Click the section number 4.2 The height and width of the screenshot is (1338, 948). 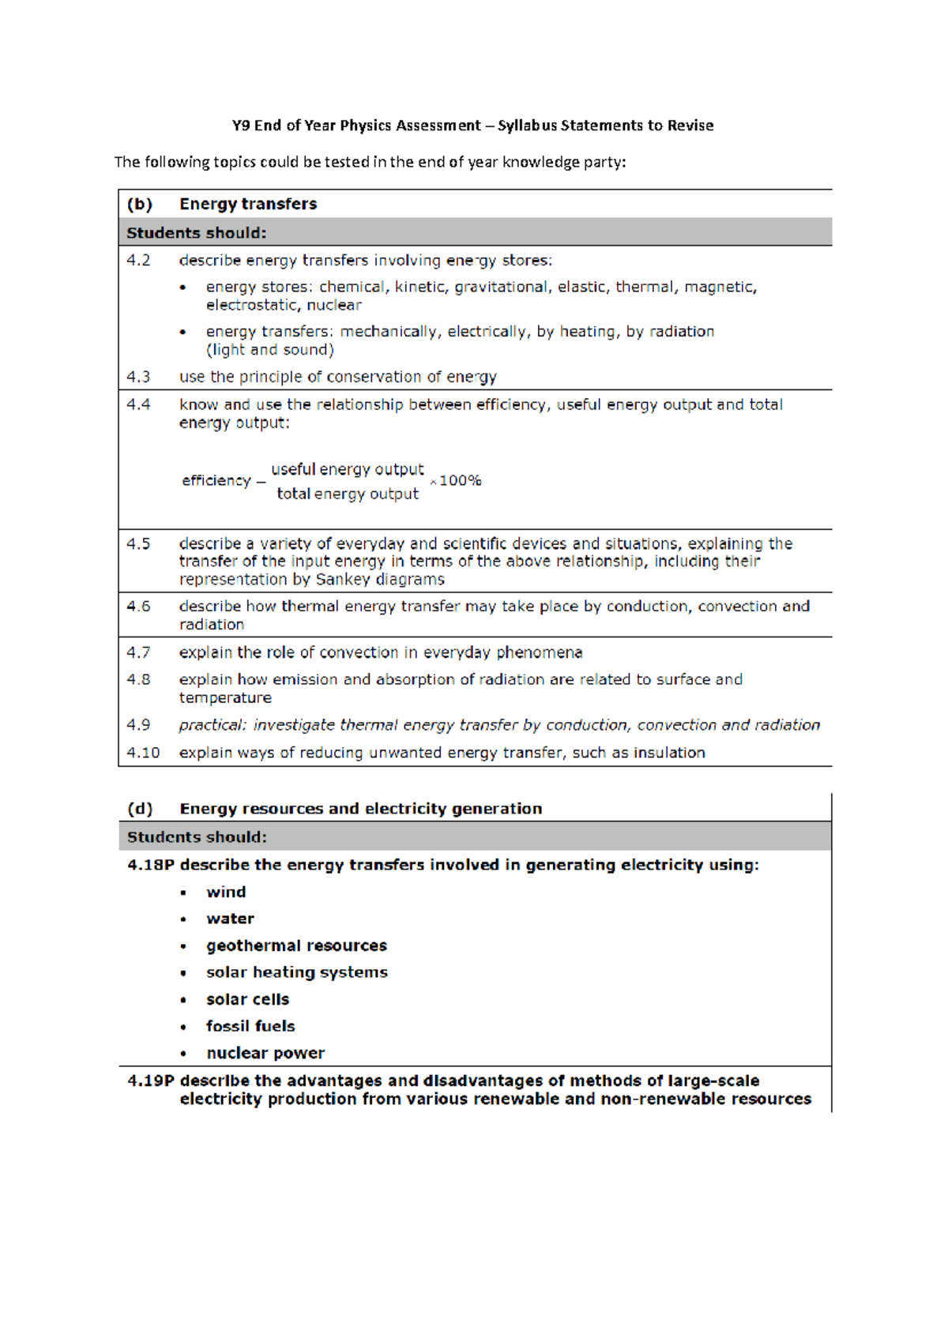(138, 261)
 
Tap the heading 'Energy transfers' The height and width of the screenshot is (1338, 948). (247, 204)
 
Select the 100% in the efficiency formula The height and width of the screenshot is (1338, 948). (460, 480)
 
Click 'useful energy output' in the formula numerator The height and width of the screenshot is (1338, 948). (347, 469)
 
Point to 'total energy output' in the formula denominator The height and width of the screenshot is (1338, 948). (347, 494)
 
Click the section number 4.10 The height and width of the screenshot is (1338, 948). (143, 753)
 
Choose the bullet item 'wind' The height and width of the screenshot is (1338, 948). (226, 892)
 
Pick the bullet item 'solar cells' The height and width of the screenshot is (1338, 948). (247, 999)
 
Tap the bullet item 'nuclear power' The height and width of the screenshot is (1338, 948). (265, 1053)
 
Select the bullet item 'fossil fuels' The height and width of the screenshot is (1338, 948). (250, 1026)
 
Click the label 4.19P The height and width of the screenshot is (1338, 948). (150, 1081)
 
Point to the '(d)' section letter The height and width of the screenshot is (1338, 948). (140, 809)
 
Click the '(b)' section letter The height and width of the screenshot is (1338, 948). (139, 204)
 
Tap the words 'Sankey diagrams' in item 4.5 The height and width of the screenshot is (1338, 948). (379, 580)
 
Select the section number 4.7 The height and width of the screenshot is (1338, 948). (138, 652)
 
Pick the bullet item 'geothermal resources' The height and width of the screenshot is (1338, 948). (296, 945)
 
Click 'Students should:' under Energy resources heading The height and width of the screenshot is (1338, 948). (197, 837)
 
